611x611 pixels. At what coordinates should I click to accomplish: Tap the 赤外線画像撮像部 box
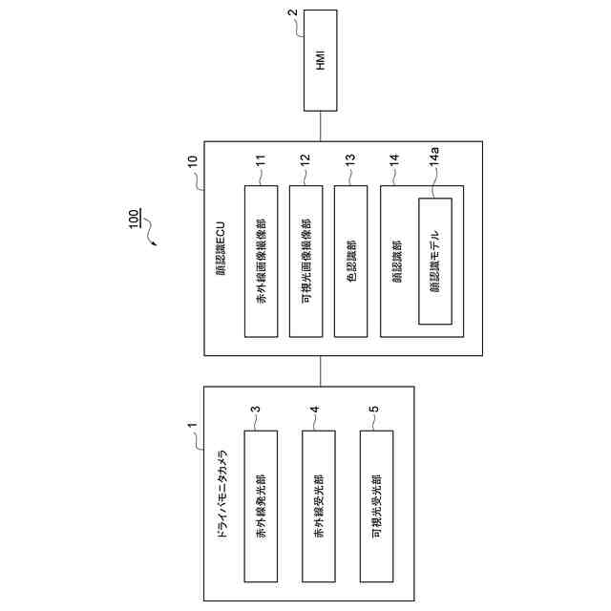pyautogui.click(x=262, y=261)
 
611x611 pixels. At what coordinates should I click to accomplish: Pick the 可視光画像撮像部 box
pyautogui.click(x=305, y=261)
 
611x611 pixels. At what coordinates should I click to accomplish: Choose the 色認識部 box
pyautogui.click(x=351, y=261)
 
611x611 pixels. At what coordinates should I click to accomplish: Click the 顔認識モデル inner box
pyautogui.click(x=434, y=261)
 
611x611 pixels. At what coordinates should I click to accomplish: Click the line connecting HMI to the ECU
pyautogui.click(x=321, y=126)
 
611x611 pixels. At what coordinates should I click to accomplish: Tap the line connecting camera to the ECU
pyautogui.click(x=321, y=370)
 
